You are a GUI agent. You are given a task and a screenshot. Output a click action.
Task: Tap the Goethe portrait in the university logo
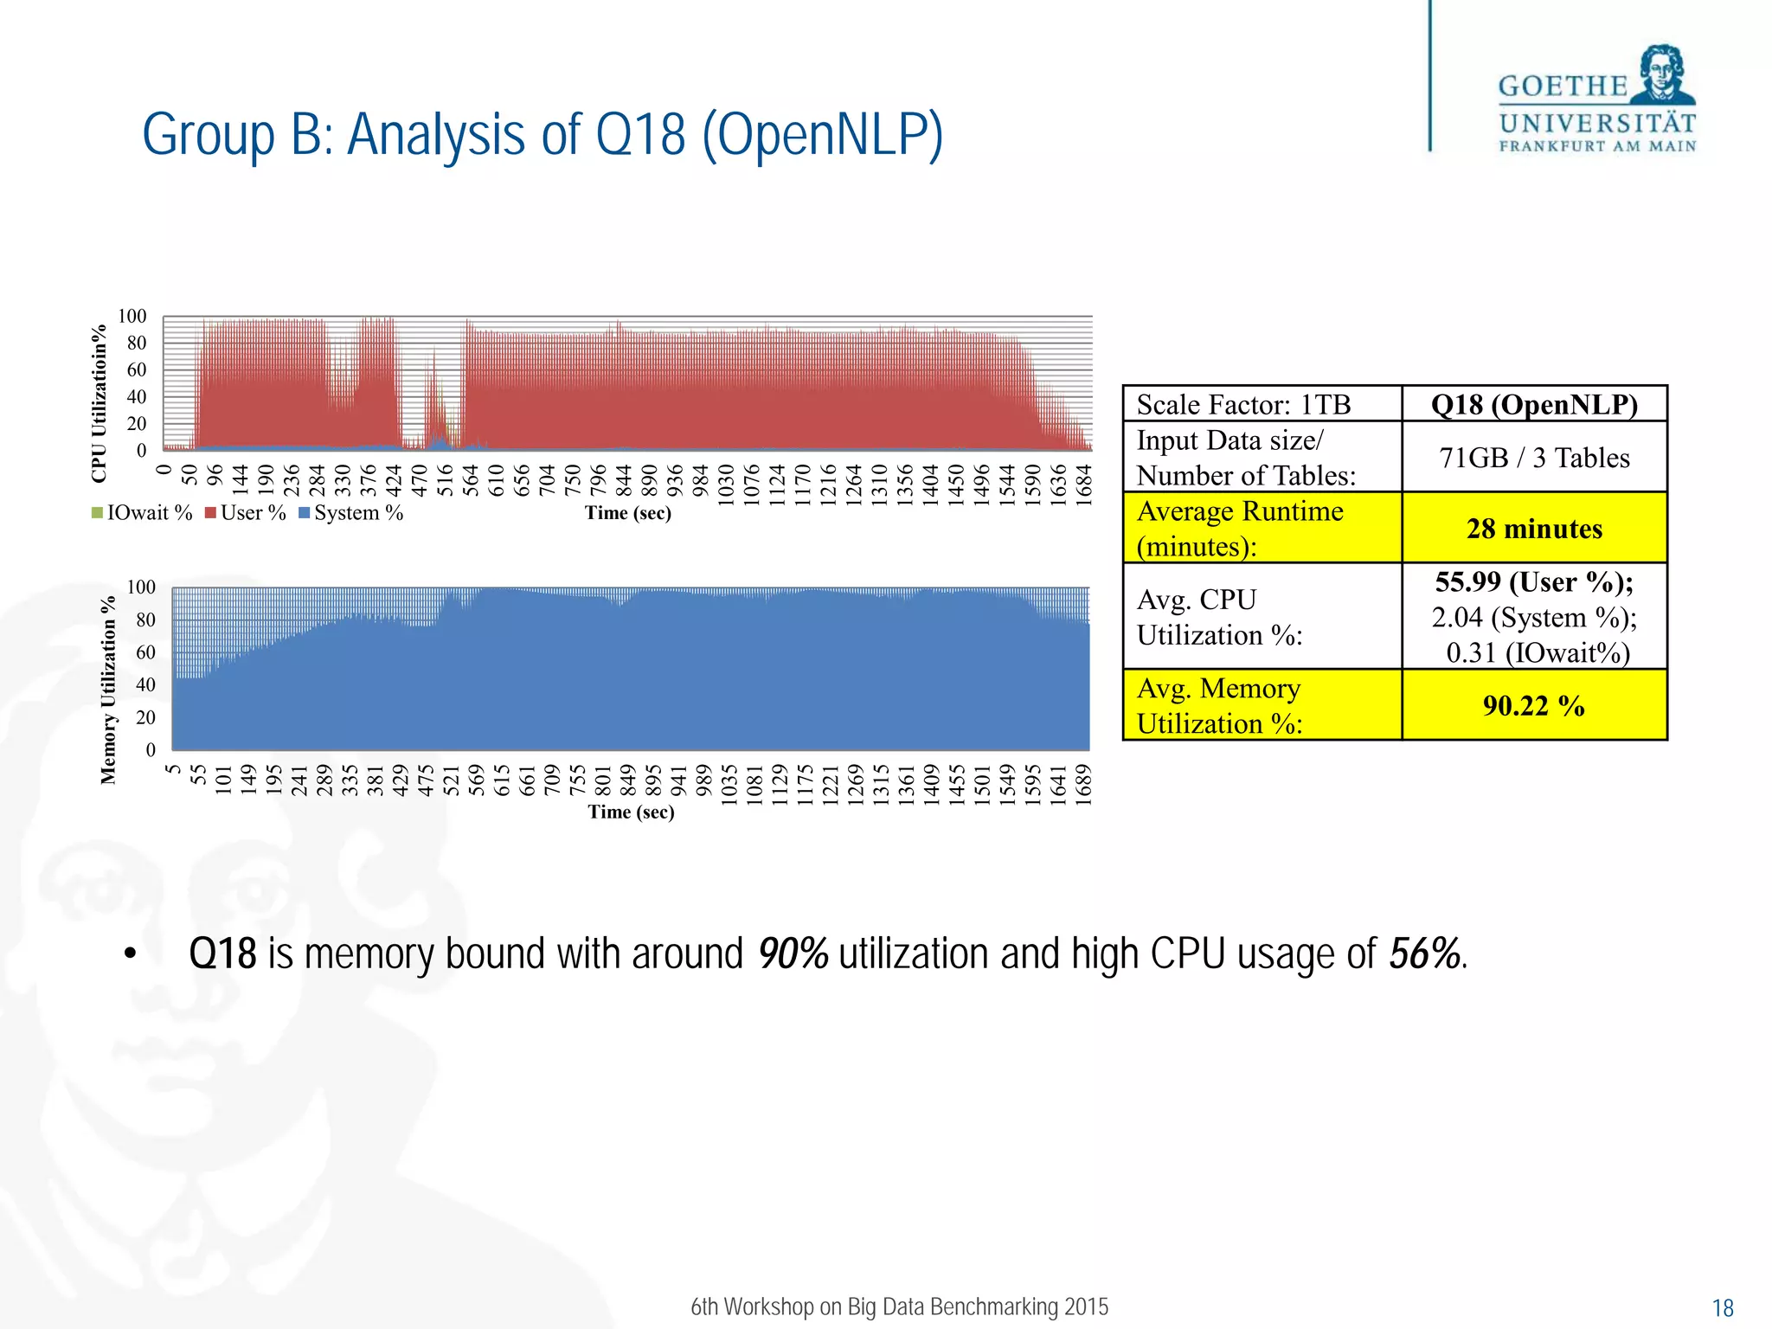point(1662,75)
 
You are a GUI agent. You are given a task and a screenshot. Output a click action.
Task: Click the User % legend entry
point(245,513)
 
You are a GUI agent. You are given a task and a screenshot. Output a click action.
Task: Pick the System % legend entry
point(350,513)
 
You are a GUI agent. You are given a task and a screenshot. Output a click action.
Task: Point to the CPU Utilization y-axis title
point(100,402)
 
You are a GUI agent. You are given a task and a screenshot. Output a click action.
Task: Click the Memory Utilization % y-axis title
point(108,690)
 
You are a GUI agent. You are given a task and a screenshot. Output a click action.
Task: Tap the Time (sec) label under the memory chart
point(631,812)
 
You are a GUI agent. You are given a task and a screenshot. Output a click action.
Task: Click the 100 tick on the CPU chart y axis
point(132,317)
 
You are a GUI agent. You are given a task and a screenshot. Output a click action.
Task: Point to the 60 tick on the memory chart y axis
point(145,652)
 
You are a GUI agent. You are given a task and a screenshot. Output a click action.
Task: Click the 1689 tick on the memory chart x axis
point(1083,784)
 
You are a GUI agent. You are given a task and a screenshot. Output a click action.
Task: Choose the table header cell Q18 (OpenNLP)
point(1533,405)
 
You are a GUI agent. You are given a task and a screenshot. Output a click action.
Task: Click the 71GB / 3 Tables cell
point(1533,458)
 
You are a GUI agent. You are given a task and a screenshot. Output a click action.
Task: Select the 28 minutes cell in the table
point(1533,529)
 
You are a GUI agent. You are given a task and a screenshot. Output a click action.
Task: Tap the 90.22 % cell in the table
point(1533,706)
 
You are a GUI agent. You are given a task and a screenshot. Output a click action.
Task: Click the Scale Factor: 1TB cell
point(1243,405)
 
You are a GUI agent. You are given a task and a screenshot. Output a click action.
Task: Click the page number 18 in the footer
point(1723,1308)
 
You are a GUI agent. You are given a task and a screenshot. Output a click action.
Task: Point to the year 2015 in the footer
point(1086,1307)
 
